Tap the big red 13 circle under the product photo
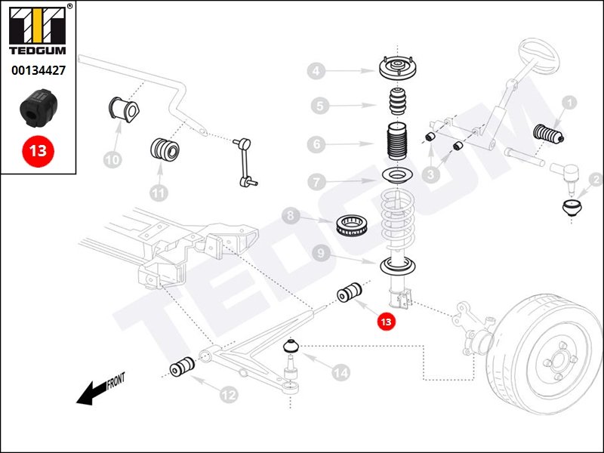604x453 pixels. [x=38, y=149]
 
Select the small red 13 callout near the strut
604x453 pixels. [x=386, y=322]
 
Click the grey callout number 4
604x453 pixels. [x=316, y=72]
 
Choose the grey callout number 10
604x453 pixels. [x=112, y=159]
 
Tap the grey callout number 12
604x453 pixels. [x=228, y=393]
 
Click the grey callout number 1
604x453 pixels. [x=569, y=102]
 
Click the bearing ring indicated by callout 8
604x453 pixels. [x=353, y=224]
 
